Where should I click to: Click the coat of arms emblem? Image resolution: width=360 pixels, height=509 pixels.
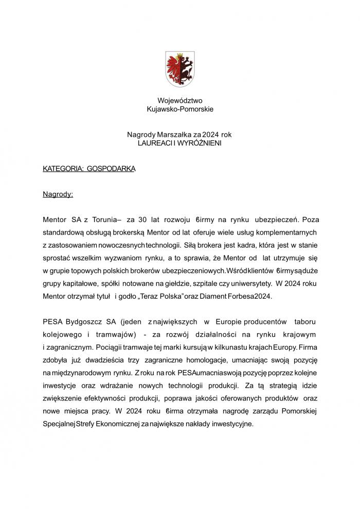180,69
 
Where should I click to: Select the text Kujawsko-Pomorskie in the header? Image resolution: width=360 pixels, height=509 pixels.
180,110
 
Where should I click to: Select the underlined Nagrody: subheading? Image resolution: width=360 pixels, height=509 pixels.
58,195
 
